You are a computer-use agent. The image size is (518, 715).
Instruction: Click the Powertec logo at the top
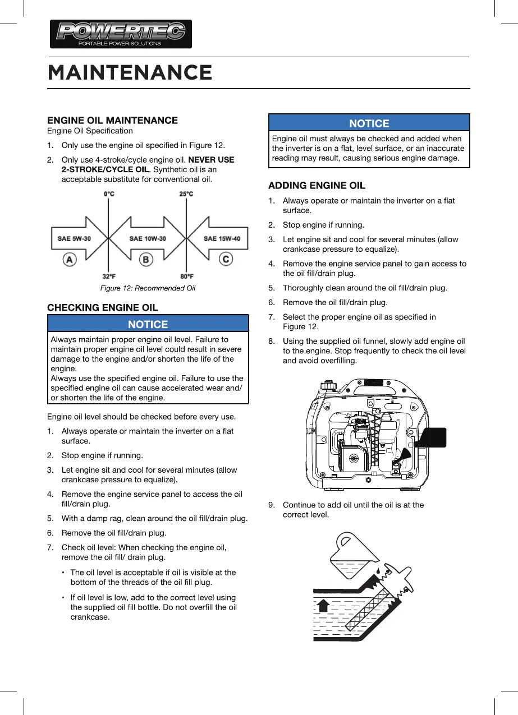(x=121, y=34)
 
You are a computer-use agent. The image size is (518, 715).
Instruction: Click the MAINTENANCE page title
(x=130, y=72)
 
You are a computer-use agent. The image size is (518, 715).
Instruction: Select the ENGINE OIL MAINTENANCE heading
(x=112, y=120)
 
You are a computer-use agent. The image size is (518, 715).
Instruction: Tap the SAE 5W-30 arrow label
(x=75, y=238)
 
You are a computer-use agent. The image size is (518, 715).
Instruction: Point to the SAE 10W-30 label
(x=148, y=238)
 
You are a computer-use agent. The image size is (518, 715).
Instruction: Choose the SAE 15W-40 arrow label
(x=222, y=238)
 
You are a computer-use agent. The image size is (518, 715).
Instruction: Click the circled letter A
(x=70, y=260)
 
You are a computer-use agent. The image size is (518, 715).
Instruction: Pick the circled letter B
(x=146, y=260)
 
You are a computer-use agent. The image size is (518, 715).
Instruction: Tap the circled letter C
(x=226, y=260)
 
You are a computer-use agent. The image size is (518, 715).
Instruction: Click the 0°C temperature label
(x=109, y=194)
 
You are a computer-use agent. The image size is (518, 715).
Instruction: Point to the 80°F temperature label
(x=187, y=276)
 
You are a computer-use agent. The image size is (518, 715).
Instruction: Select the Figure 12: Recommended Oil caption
(x=148, y=288)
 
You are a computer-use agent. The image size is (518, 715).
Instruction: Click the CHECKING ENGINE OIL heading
(x=103, y=307)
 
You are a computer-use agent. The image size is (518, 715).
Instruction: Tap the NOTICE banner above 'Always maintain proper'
(x=148, y=324)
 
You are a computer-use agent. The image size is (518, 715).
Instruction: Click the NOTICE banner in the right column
(x=369, y=123)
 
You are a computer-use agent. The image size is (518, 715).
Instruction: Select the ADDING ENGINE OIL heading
(x=317, y=185)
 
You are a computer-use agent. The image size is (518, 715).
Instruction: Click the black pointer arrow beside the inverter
(x=429, y=440)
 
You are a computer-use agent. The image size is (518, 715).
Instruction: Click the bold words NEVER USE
(x=211, y=160)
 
